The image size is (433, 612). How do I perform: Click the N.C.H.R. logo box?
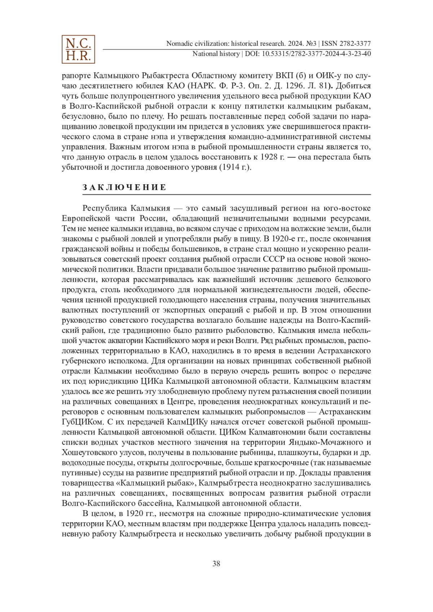78,49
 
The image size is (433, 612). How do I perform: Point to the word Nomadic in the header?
179,44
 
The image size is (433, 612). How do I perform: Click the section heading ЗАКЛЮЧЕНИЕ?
124,187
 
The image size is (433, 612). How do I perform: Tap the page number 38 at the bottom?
216,564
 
